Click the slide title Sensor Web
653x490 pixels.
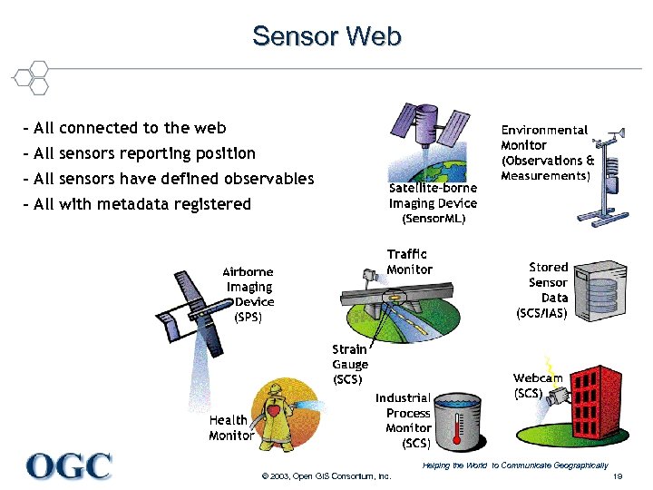[326, 36]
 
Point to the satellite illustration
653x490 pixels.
[426, 127]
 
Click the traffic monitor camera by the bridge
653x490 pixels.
[368, 273]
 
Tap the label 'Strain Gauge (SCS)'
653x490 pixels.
[350, 363]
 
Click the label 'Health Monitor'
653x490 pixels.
[230, 427]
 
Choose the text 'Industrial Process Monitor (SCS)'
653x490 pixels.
[404, 420]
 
